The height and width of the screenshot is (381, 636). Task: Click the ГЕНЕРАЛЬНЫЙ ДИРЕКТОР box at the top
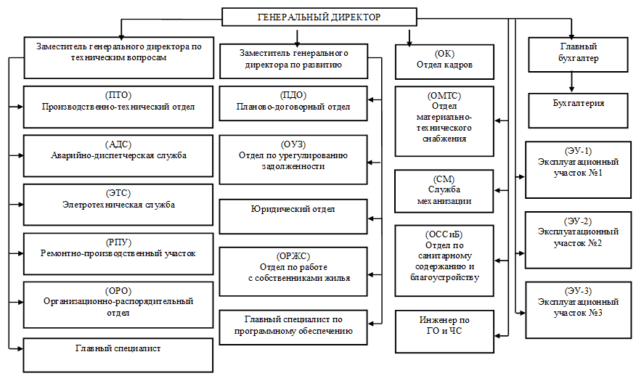[x=319, y=17]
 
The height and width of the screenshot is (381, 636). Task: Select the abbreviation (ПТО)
[x=118, y=95]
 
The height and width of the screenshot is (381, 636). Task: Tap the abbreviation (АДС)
[x=118, y=144]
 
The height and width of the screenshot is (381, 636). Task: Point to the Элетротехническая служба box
[x=118, y=205]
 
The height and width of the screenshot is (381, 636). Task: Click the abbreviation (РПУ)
[x=118, y=243]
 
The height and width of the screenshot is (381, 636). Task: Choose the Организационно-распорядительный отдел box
[x=118, y=305]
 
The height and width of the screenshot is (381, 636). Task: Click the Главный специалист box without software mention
[x=118, y=355]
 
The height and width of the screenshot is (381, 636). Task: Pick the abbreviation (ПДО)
[x=293, y=95]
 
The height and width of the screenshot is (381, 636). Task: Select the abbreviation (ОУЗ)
[x=293, y=144]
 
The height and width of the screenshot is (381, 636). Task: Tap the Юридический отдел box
[x=293, y=216]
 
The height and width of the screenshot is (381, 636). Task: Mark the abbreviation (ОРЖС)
[x=293, y=257]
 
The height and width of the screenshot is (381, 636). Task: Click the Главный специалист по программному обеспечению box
[x=293, y=327]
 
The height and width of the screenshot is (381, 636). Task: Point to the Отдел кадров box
[x=444, y=62]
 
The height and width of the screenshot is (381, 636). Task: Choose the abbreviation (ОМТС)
[x=444, y=96]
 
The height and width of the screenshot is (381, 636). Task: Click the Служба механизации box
[x=444, y=192]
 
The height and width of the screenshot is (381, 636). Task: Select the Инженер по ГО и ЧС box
[x=444, y=332]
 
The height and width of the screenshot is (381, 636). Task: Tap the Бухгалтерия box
[x=578, y=110]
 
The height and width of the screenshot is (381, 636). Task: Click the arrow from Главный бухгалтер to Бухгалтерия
[x=571, y=82]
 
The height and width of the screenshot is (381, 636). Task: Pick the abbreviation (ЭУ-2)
[x=578, y=222]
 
